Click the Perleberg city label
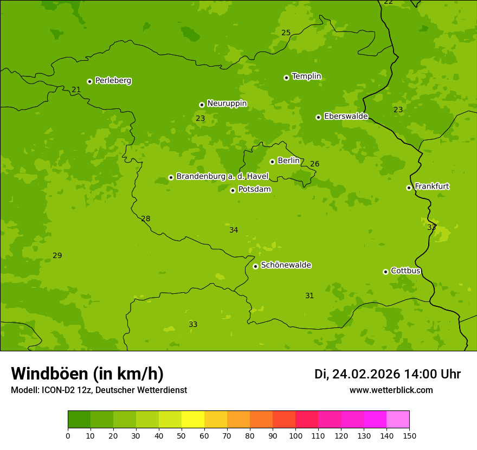[x=113, y=81]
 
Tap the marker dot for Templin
[x=286, y=78]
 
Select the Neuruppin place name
[x=227, y=104]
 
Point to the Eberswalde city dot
[x=318, y=117]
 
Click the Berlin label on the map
[x=288, y=161]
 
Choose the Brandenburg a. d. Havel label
[x=222, y=177]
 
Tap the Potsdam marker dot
[x=233, y=190]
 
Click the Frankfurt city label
[x=431, y=187]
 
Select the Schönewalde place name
[x=286, y=265]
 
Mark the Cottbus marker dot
[x=385, y=272]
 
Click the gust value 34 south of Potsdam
[x=234, y=230]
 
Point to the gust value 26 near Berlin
[x=315, y=164]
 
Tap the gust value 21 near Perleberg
[x=76, y=90]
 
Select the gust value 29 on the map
[x=57, y=256]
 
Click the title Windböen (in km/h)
[x=87, y=374]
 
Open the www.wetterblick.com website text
[x=391, y=390]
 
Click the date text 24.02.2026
[x=366, y=374]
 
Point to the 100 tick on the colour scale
[x=295, y=435]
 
